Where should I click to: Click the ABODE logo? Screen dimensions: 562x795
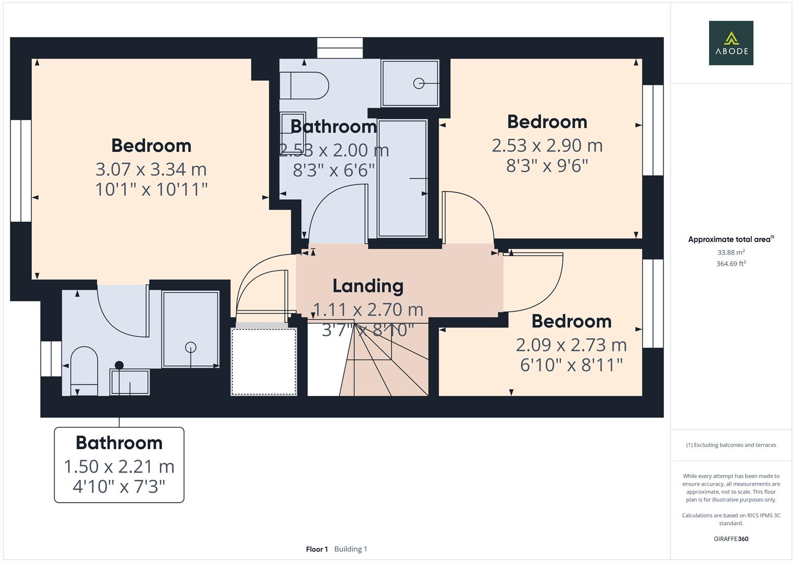pos(730,43)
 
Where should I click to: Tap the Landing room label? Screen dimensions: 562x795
pos(368,286)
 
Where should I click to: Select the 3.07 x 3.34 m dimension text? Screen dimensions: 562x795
pos(151,169)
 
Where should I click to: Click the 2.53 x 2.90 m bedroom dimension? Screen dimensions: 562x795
pos(547,146)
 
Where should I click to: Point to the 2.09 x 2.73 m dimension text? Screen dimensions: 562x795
pos(571,345)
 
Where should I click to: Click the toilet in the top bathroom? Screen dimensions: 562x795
pos(304,85)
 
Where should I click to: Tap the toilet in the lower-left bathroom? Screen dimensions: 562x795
pos(84,371)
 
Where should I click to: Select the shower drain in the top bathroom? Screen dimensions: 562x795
pos(419,83)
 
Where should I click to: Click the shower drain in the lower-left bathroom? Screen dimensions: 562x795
pos(191,347)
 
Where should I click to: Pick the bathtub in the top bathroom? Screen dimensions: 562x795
pos(402,178)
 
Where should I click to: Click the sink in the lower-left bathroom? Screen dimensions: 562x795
pos(129,382)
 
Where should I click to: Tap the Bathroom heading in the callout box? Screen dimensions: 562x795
pos(119,443)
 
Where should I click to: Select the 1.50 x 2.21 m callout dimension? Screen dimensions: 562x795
pos(119,467)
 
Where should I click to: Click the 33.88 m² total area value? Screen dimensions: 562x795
pos(731,252)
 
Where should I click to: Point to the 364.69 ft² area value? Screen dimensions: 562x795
pos(731,264)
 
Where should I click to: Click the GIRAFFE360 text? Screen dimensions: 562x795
pos(731,539)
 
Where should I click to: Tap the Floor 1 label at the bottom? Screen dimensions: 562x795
pos(317,549)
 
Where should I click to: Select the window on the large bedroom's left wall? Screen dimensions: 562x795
pos(21,171)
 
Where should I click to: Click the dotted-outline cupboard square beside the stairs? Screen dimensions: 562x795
pos(264,361)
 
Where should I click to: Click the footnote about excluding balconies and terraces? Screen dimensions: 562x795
pos(731,445)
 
